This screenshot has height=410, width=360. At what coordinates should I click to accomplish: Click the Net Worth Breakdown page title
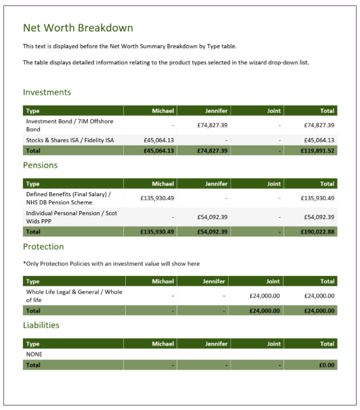[78, 28]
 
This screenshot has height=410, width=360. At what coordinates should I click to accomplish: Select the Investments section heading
[47, 92]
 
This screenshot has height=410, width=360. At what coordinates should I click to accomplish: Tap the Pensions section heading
[40, 164]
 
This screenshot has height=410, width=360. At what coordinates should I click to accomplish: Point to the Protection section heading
[43, 246]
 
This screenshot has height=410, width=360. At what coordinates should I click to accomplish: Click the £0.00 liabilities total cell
[326, 365]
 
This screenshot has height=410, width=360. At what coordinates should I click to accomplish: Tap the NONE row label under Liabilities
[35, 354]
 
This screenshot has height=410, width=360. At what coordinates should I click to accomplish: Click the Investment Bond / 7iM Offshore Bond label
[69, 125]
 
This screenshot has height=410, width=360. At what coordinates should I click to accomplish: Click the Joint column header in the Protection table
[272, 281]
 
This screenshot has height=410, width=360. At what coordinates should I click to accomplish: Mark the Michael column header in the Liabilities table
[162, 344]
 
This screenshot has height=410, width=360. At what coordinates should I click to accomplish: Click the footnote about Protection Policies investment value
[111, 263]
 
